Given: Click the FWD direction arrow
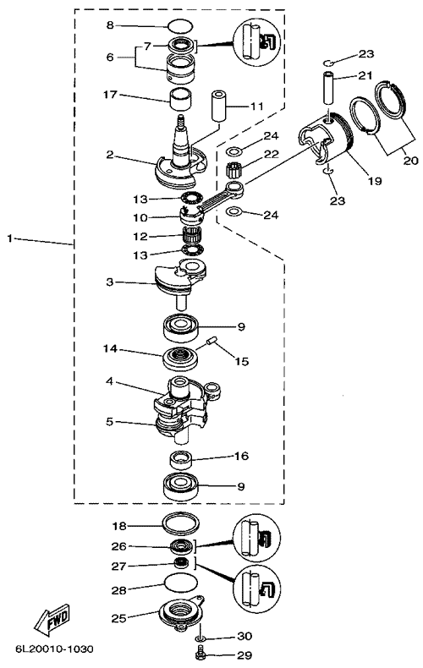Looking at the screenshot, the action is pos(51,619).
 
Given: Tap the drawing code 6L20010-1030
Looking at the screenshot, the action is pos(54,649).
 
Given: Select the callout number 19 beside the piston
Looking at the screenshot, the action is pos(375,181).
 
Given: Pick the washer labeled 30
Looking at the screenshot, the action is pos(199,638).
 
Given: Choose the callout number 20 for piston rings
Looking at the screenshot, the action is pos(411,161).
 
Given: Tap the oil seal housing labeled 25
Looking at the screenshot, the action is pos(180,615).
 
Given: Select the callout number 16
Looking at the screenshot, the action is pos(241,456).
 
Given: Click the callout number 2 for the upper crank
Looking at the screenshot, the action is pos(110,154).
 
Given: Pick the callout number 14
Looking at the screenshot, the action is pos(110,349).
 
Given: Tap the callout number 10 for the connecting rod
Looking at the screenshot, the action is pos(140,217).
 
